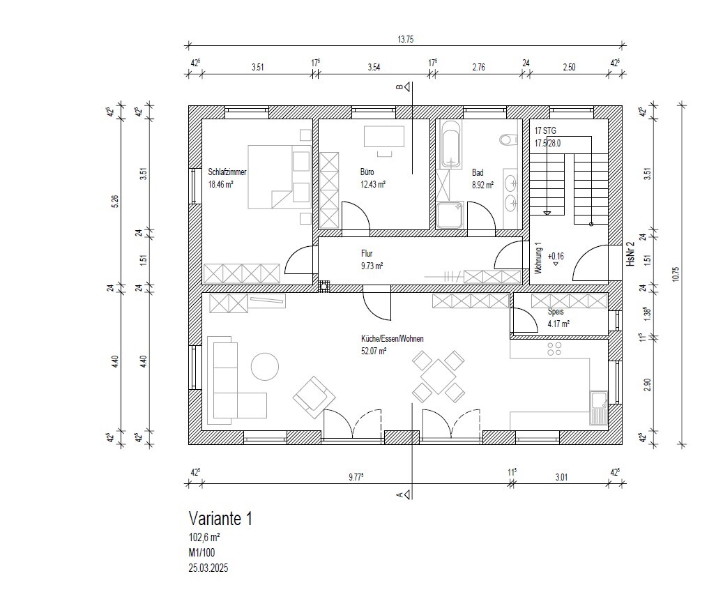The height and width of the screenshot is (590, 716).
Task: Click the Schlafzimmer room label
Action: point(227,172)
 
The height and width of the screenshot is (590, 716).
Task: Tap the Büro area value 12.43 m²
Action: point(372,185)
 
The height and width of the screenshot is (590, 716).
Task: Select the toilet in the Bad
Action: point(508,139)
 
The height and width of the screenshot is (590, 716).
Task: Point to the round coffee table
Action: point(265,367)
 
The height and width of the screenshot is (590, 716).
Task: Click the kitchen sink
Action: point(598,408)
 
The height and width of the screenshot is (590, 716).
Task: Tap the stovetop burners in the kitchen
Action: point(554,349)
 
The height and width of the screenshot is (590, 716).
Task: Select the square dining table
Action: point(439,377)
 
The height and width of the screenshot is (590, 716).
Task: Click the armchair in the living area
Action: point(314,398)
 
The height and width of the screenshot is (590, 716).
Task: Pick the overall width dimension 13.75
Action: point(406,39)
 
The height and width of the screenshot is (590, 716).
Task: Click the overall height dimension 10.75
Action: point(676,274)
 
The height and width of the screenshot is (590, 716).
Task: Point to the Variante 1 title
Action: point(220,519)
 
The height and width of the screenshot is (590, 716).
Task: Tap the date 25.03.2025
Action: point(208,568)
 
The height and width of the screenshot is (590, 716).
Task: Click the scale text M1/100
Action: point(201,552)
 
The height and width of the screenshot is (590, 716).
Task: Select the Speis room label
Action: point(556,312)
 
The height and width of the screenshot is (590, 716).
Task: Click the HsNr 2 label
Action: point(631,254)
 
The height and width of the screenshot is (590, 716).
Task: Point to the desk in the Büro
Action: point(384,137)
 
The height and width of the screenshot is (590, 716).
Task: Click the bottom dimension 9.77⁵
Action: point(356,477)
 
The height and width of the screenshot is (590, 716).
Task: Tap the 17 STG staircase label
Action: point(546,130)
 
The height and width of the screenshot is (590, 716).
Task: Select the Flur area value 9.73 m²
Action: point(372,266)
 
